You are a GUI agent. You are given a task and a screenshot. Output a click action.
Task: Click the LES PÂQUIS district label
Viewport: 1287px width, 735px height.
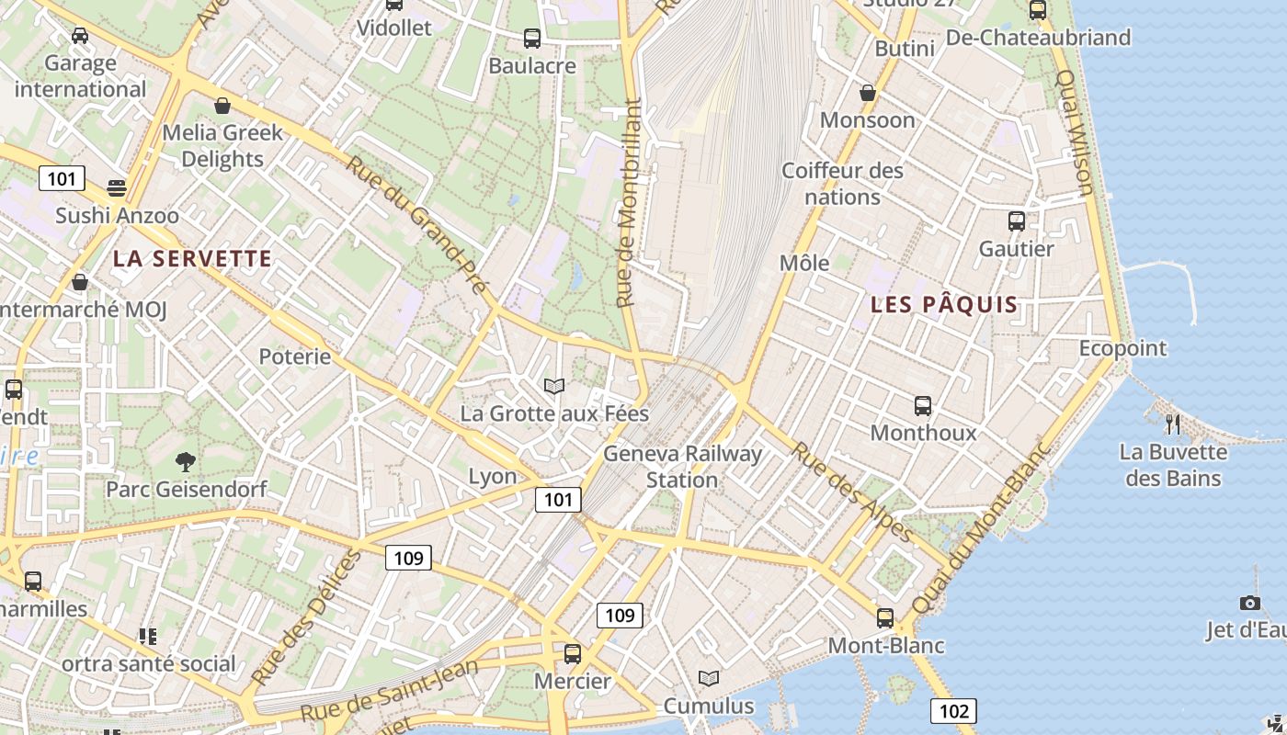pyautogui.click(x=944, y=304)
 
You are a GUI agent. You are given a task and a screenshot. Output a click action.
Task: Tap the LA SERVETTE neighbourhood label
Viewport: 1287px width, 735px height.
pyautogui.click(x=192, y=259)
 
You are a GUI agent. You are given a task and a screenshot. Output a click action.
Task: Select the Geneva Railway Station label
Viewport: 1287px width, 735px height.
pyautogui.click(x=682, y=467)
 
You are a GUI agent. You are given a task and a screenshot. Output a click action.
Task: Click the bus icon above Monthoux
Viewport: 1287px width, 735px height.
pyautogui.click(x=923, y=405)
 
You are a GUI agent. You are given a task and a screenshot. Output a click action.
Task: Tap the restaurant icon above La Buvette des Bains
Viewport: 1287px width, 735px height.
pyautogui.click(x=1172, y=424)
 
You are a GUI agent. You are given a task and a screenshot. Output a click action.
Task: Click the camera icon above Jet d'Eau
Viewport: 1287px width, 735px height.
pyautogui.click(x=1250, y=603)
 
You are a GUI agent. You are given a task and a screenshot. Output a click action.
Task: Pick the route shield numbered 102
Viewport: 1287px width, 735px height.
pyautogui.click(x=953, y=710)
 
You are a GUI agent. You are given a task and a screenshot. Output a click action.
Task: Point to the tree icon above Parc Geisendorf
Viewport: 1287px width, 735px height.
pyautogui.click(x=186, y=461)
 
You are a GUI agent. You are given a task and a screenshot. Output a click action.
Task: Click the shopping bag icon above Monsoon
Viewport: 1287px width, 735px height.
pyautogui.click(x=867, y=93)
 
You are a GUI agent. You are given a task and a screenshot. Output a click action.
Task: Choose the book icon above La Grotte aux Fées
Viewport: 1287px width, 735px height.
pyautogui.click(x=553, y=386)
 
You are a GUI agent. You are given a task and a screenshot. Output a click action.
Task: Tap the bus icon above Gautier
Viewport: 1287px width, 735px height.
pyautogui.click(x=1017, y=221)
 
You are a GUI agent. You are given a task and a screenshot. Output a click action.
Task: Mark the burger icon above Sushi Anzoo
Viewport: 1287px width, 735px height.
pyautogui.click(x=117, y=188)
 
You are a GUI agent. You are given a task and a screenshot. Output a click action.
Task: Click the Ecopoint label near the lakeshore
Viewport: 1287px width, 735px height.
pyautogui.click(x=1122, y=348)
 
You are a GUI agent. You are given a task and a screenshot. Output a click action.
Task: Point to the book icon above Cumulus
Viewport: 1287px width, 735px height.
pyautogui.click(x=709, y=678)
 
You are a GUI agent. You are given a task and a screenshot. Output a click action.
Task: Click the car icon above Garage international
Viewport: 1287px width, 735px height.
pyautogui.click(x=80, y=36)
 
